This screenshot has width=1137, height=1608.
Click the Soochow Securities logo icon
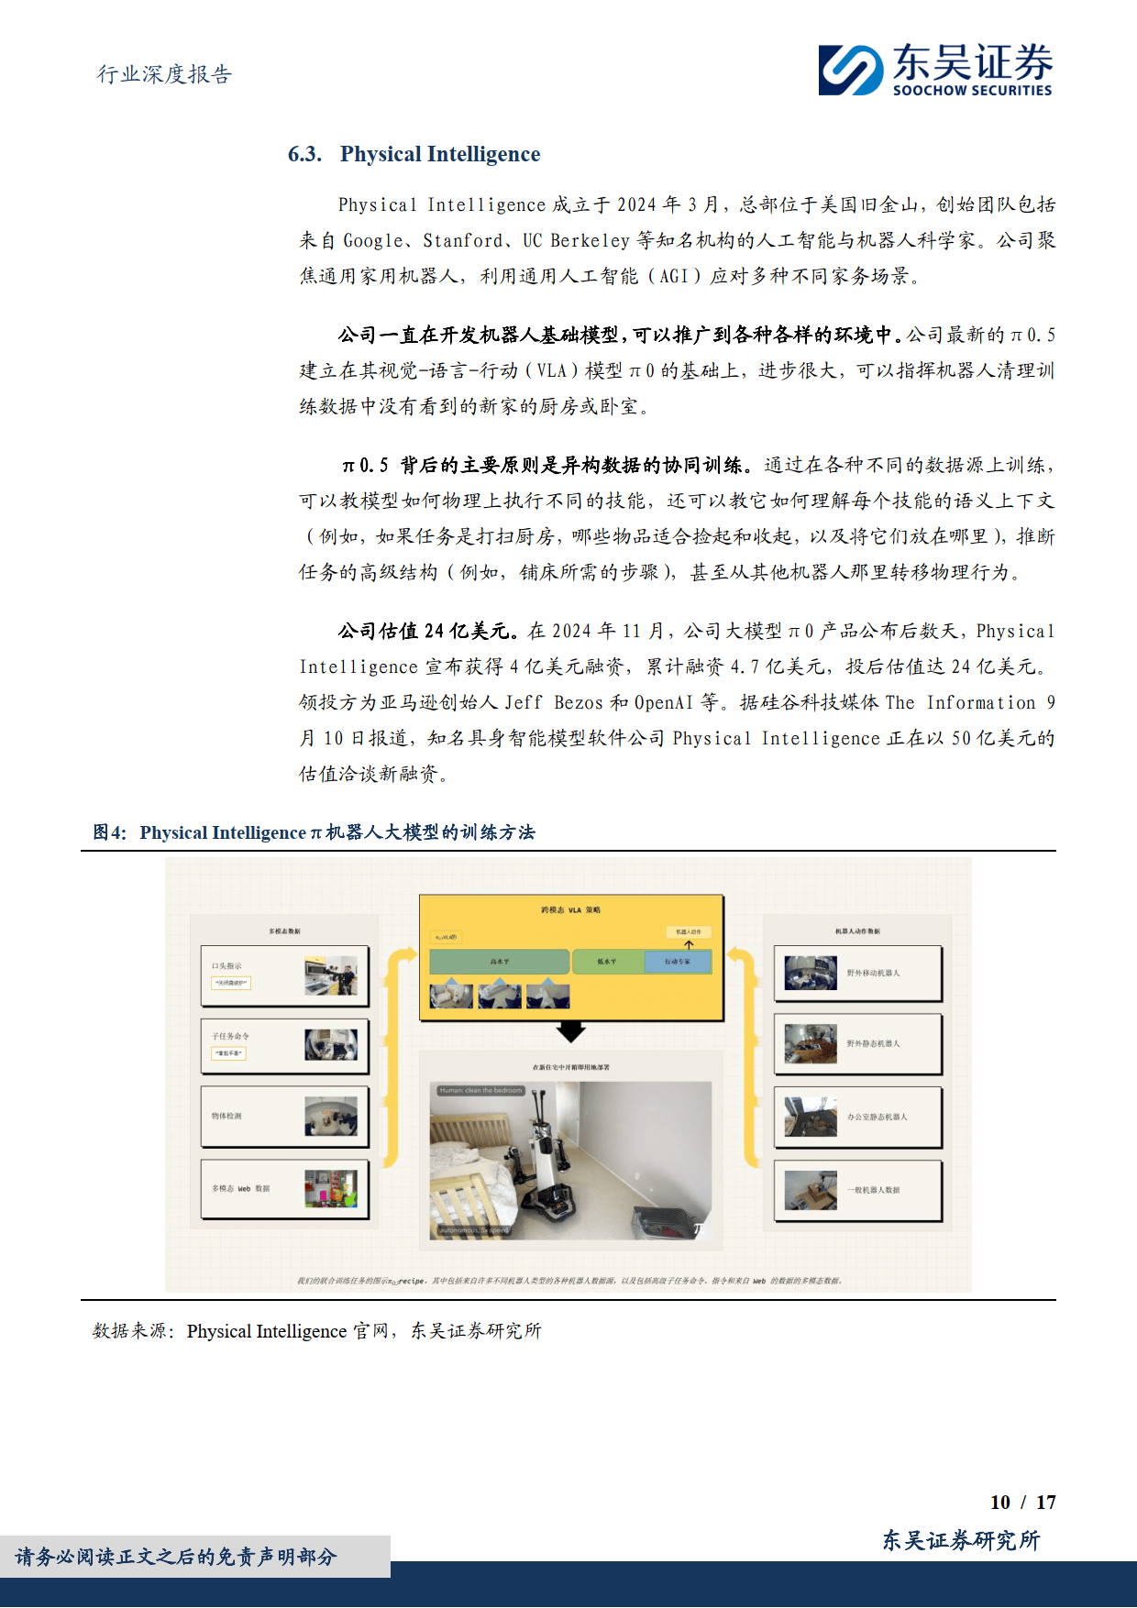[851, 71]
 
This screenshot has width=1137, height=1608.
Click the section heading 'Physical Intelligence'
[440, 154]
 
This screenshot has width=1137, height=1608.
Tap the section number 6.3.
[304, 154]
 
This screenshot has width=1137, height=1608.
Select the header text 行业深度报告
[165, 74]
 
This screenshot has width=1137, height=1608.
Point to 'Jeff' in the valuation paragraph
[524, 702]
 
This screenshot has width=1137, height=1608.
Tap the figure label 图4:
[110, 832]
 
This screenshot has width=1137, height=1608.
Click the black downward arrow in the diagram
[570, 1032]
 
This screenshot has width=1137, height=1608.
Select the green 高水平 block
[499, 962]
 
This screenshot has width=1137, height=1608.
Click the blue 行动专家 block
[677, 962]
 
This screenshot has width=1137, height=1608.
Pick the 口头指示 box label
[226, 966]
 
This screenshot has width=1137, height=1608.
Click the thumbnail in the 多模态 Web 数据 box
[331, 1188]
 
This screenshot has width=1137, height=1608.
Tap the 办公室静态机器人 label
[877, 1117]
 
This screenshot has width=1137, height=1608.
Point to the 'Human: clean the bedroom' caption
[480, 1090]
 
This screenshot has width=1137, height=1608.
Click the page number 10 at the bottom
[999, 1502]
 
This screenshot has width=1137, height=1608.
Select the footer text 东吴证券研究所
[961, 1540]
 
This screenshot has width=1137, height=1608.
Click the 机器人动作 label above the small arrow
[688, 931]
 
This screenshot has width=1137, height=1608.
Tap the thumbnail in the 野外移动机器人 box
[811, 973]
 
